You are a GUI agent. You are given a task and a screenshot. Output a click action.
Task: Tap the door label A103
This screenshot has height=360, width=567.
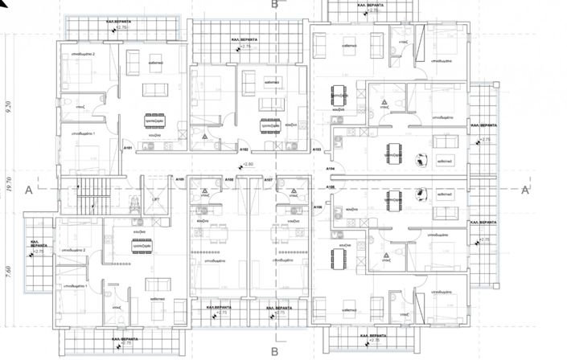[x=317, y=150]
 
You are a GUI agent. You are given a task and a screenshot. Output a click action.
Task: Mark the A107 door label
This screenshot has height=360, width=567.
[x=269, y=180]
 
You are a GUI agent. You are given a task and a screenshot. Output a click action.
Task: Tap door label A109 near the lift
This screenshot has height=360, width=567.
[x=181, y=179]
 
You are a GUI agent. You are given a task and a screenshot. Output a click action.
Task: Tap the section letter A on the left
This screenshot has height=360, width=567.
[x=28, y=190]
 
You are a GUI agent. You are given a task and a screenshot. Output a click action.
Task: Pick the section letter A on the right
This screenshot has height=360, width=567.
[x=525, y=190]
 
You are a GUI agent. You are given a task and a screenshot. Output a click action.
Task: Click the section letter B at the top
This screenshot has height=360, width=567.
[x=274, y=5]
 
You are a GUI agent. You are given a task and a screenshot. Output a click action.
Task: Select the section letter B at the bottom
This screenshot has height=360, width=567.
[x=274, y=351]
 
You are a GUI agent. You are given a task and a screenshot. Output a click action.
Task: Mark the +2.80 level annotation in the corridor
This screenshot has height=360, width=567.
[x=247, y=165]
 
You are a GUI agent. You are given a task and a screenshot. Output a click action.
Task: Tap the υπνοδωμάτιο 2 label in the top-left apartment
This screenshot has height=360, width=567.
[x=82, y=54]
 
